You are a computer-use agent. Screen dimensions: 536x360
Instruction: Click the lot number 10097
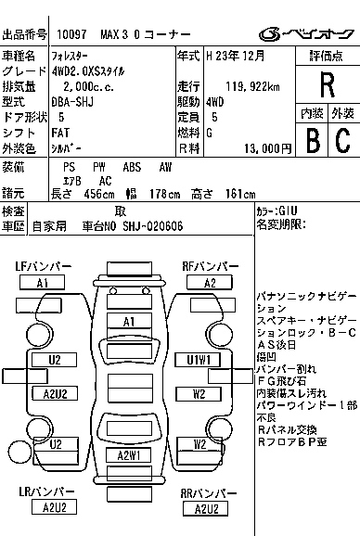(x=72, y=33)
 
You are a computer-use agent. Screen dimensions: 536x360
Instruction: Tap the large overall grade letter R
(x=326, y=85)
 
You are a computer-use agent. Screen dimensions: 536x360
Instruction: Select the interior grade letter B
(x=313, y=140)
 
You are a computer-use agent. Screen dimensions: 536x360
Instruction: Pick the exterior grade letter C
(x=341, y=140)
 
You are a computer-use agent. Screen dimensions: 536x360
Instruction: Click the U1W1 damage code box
(x=198, y=360)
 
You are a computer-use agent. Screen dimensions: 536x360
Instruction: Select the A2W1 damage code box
(x=128, y=455)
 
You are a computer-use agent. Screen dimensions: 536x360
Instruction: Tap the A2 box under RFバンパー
(x=210, y=283)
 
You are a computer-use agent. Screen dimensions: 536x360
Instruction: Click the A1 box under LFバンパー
(x=42, y=283)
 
